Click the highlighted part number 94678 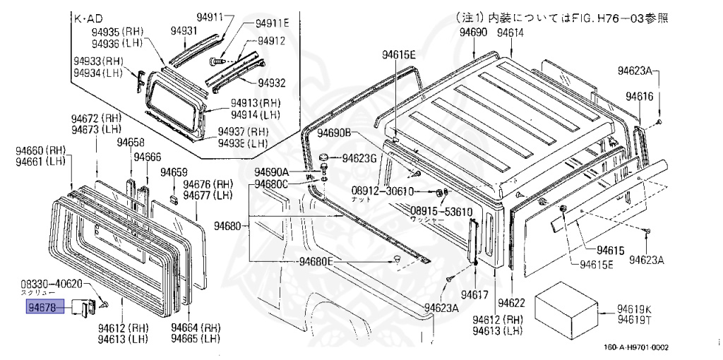45,306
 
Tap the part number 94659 174,172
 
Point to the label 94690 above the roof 473,32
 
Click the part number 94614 510,32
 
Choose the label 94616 639,97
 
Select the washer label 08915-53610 441,211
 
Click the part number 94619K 635,308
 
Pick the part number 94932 271,83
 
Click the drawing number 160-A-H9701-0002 635,347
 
